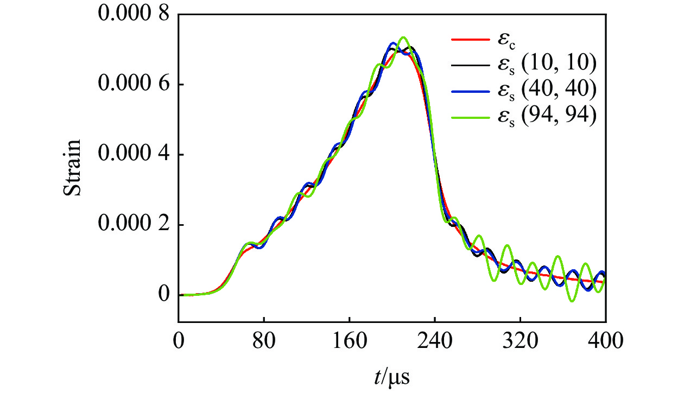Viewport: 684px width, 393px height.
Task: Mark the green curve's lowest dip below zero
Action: tap(572, 301)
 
